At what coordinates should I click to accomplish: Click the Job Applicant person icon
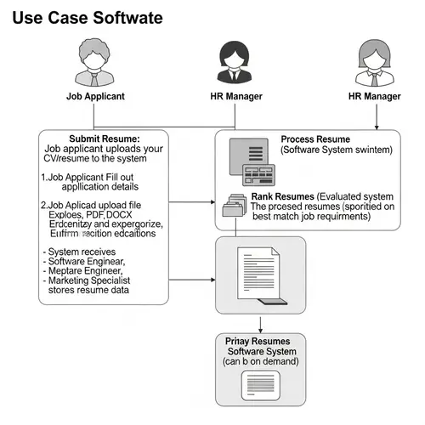tap(95, 64)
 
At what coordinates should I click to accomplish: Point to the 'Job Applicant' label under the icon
tap(95, 96)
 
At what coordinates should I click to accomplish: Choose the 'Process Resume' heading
tap(314, 139)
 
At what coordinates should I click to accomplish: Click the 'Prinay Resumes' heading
tap(258, 341)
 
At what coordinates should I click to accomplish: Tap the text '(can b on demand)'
tap(259, 363)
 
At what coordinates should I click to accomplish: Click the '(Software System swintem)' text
tap(337, 150)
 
